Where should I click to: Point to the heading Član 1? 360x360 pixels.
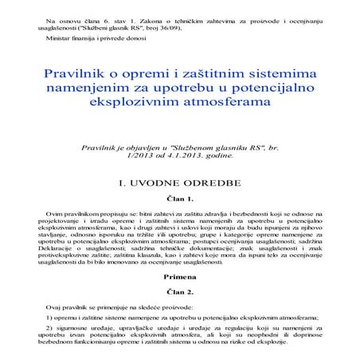pyautogui.click(x=179, y=198)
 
